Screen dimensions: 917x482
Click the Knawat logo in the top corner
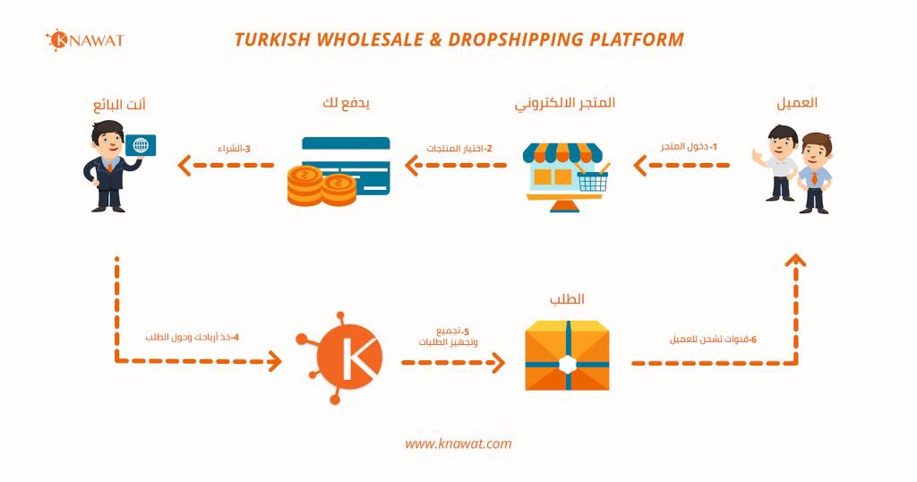[x=84, y=40]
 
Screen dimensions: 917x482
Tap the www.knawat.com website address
[x=458, y=443]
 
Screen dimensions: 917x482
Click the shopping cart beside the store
[x=592, y=178]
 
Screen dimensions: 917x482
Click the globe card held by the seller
[x=141, y=146]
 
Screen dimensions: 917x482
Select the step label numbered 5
[x=448, y=337]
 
